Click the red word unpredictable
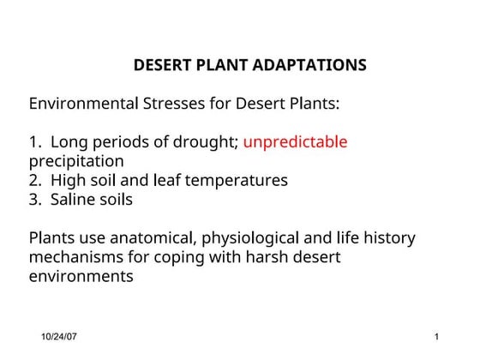click(296, 141)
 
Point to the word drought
click(207, 142)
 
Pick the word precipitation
click(76, 161)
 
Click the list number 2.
click(34, 181)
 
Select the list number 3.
click(34, 200)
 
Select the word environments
click(81, 276)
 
